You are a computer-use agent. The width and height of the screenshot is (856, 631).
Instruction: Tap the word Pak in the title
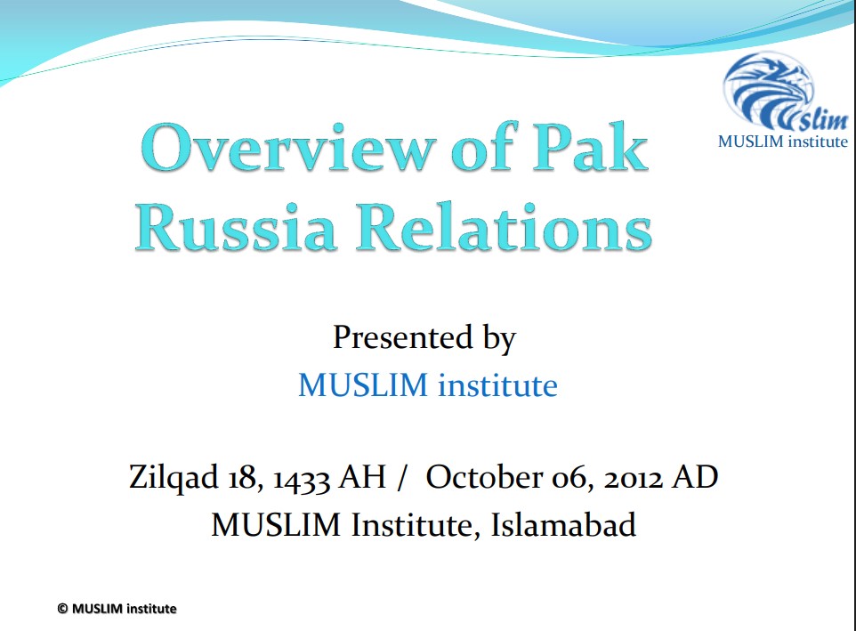tap(590, 146)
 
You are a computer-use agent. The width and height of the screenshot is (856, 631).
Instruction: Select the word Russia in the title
tap(235, 227)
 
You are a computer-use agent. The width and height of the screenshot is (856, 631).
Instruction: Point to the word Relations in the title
tap(504, 226)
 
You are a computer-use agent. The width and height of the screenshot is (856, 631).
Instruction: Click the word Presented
tap(403, 336)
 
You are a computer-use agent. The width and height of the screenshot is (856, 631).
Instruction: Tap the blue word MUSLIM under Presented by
tap(363, 384)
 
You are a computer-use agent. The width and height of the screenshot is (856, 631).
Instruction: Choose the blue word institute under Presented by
tap(498, 384)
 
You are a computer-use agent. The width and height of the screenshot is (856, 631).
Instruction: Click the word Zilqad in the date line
tap(174, 477)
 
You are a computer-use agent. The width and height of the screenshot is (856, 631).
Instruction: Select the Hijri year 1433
tap(301, 478)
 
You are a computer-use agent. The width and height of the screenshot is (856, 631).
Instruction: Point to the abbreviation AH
tap(362, 476)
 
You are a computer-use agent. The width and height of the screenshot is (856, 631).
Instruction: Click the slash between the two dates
tap(402, 478)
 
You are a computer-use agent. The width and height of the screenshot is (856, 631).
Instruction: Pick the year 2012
tap(633, 478)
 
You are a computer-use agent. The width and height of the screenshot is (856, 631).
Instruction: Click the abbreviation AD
tap(695, 476)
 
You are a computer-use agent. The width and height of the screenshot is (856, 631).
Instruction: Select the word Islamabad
tap(563, 524)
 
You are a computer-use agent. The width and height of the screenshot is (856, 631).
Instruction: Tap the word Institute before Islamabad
tap(412, 525)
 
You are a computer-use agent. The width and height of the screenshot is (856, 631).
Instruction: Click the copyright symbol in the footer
tap(62, 609)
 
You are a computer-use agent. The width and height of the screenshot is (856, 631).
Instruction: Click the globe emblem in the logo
tap(768, 90)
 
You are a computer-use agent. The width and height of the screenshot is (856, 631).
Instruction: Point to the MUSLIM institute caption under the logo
tap(783, 142)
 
